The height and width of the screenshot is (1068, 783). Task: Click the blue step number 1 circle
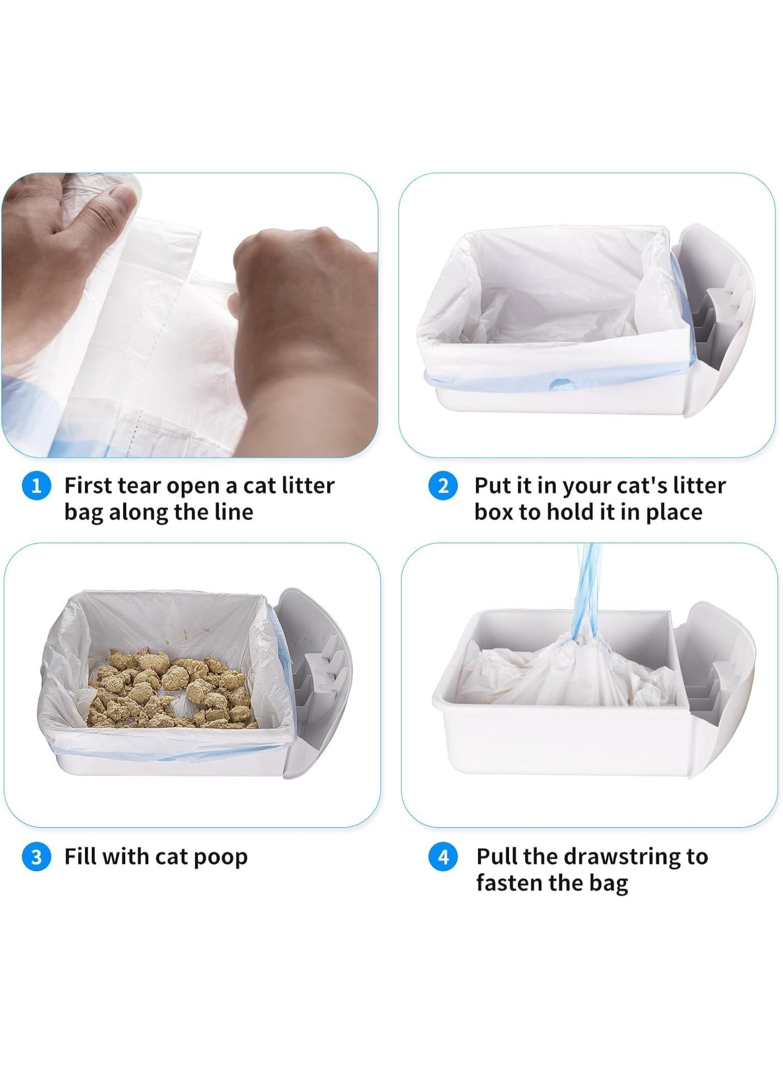pos(36,486)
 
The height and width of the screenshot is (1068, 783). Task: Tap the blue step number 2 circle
pos(443,486)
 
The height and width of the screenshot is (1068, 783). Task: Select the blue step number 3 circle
pos(36,857)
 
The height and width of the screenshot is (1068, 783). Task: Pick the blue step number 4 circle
pos(443,857)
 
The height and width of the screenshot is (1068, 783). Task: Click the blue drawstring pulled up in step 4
pos(587,593)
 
